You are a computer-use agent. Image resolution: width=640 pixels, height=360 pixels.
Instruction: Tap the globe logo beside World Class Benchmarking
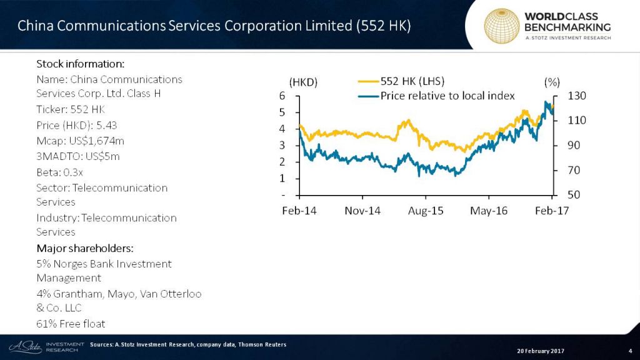click(502, 25)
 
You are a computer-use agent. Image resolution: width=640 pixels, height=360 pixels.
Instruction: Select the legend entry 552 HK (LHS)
click(412, 81)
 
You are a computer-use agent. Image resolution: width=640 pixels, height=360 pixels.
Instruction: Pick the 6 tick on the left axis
click(282, 96)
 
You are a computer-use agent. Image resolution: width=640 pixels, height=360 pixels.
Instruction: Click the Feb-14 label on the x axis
click(299, 211)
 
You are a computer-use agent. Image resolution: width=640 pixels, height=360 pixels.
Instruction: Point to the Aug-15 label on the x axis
click(426, 211)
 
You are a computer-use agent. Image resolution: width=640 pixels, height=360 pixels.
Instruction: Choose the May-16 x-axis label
click(489, 211)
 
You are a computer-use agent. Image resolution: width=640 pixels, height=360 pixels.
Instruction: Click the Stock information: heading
click(81, 64)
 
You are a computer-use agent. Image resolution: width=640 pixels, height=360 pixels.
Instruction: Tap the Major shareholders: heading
click(85, 247)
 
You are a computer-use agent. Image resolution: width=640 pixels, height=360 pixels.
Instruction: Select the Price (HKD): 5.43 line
click(77, 125)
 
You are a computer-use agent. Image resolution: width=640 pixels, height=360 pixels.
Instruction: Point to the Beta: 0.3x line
click(60, 172)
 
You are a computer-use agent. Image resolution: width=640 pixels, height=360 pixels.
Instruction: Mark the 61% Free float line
click(71, 323)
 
